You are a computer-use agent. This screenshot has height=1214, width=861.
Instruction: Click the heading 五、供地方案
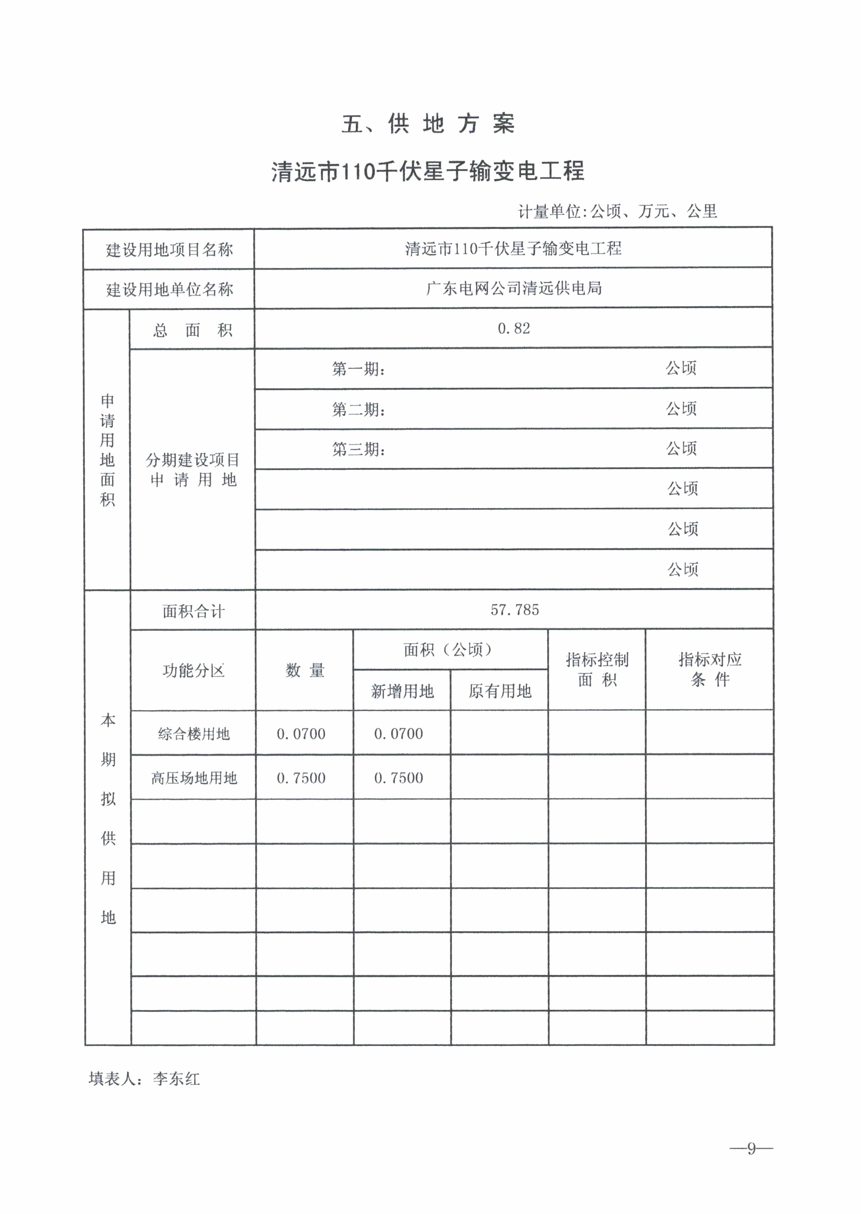pos(428,124)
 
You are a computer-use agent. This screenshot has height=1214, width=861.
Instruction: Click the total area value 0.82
pos(513,329)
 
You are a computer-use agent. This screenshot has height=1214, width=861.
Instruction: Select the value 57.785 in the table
pos(514,610)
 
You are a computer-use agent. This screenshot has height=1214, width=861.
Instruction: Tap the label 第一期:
pos(358,369)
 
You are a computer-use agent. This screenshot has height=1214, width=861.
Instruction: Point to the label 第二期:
pos(358,409)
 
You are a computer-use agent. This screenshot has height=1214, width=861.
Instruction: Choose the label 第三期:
pos(358,450)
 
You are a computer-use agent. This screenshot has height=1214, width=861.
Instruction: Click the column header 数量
pos(304,670)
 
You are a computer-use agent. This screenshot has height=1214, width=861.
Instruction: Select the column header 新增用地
pos(402,691)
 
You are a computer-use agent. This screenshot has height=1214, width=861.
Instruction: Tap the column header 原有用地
pos(499,691)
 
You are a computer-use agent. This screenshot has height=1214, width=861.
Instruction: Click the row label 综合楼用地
pos(194,734)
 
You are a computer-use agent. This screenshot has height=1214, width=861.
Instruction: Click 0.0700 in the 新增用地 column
pos(398,734)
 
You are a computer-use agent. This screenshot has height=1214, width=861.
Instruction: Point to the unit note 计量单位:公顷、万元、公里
pos(617,211)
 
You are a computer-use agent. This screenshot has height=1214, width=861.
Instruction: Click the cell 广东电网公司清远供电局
pos(513,288)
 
